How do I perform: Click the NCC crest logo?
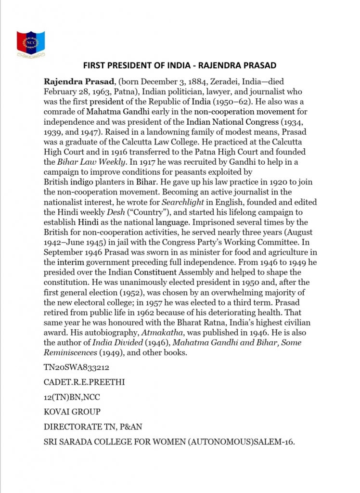coord(31,44)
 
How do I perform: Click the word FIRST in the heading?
coord(95,65)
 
